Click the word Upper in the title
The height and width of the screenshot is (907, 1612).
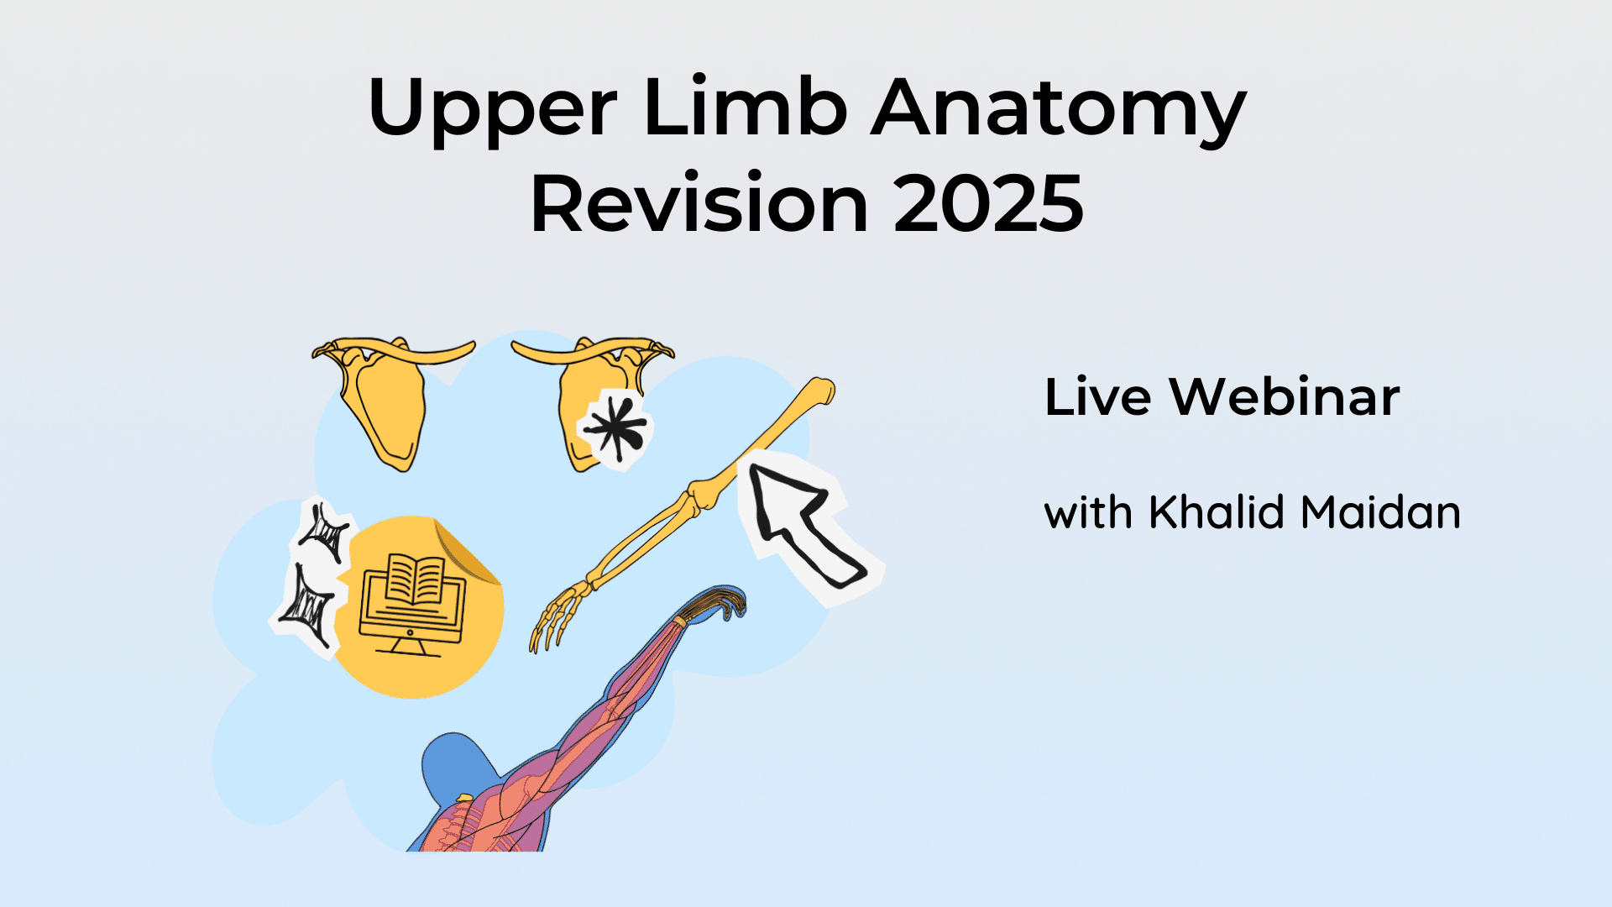[493, 109]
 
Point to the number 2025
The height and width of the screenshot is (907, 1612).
[989, 203]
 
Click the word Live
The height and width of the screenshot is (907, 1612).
[1097, 396]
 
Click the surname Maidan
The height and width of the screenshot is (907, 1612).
[1381, 511]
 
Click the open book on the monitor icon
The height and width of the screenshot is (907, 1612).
[415, 579]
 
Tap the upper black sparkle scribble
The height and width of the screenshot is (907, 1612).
[325, 532]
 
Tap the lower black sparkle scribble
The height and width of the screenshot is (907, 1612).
[307, 606]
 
